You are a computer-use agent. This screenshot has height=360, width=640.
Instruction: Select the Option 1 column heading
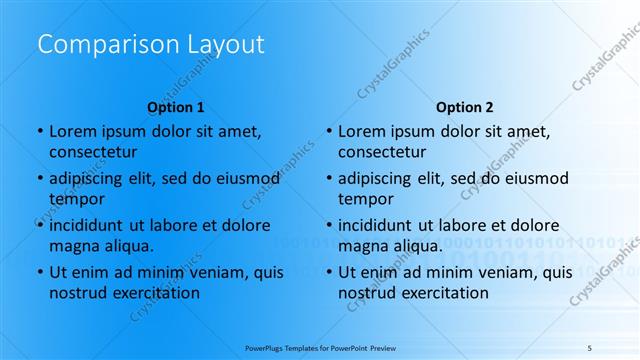[x=176, y=107]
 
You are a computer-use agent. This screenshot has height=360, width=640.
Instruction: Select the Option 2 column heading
[x=465, y=107]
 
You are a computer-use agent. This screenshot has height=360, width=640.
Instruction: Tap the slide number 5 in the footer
[x=590, y=347]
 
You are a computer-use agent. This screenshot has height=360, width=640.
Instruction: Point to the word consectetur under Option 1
[x=93, y=152]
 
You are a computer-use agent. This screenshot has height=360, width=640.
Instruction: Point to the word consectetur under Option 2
[x=382, y=152]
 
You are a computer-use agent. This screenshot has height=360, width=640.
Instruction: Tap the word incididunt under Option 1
[x=88, y=225]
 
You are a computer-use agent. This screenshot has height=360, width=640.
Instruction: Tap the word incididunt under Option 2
[x=377, y=225]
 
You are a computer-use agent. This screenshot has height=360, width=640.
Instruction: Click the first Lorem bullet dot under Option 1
[x=40, y=131]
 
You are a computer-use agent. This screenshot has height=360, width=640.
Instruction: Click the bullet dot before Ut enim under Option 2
[x=329, y=272]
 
